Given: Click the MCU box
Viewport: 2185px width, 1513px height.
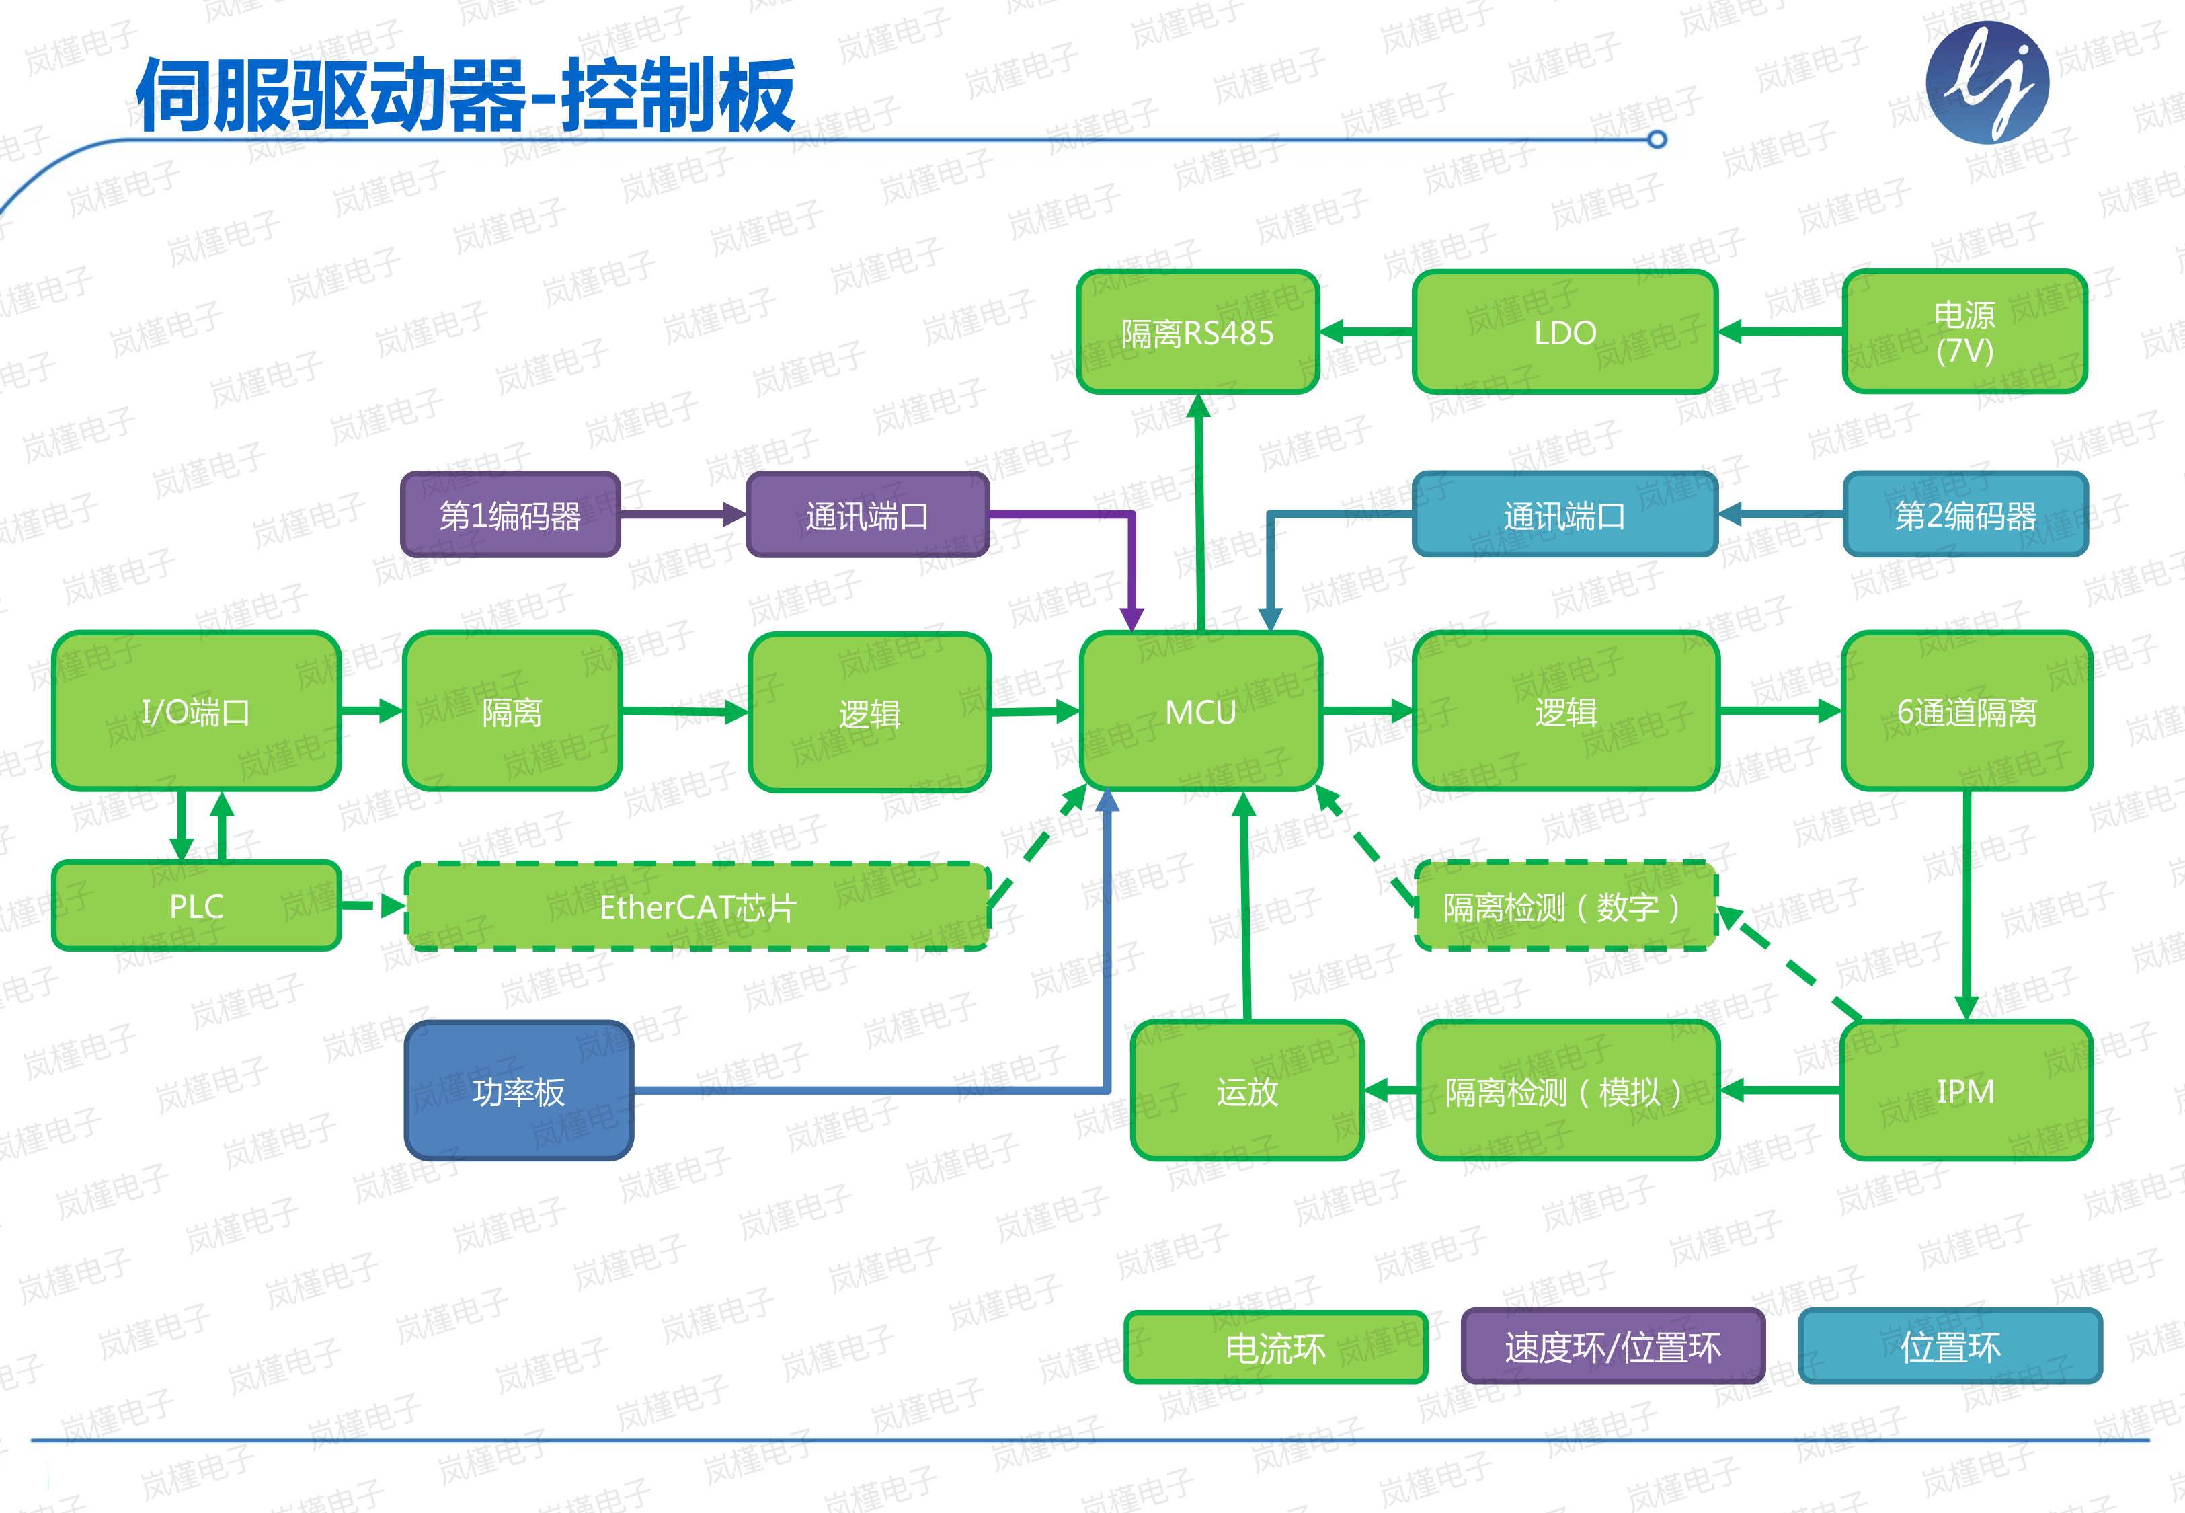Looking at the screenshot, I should tap(1201, 711).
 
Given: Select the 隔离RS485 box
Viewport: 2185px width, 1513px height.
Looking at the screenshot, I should tap(1197, 332).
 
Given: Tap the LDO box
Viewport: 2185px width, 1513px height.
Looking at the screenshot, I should tap(1564, 332).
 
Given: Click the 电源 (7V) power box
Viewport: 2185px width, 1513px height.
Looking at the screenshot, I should tap(1964, 332).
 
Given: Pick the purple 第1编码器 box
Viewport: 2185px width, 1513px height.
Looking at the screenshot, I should tap(511, 515).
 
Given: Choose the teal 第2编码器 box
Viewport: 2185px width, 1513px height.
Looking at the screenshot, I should tap(1965, 515).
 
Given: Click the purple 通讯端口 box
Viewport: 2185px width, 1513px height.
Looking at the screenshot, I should tap(867, 515).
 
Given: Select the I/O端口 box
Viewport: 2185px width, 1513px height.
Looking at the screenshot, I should tap(196, 711).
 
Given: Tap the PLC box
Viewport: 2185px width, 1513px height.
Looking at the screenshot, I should tap(196, 905).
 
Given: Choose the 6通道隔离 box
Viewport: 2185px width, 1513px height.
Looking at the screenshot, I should tap(1966, 711).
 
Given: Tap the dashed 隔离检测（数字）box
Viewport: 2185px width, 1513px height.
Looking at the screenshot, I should tap(1564, 906).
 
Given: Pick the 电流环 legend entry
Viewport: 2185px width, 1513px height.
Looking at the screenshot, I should tap(1275, 1347).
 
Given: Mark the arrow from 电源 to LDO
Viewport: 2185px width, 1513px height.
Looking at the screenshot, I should tap(1780, 332).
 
